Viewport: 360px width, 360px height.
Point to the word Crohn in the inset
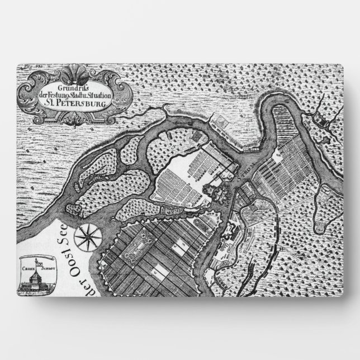[30, 267]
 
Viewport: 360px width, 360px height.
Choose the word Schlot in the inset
[44, 267]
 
